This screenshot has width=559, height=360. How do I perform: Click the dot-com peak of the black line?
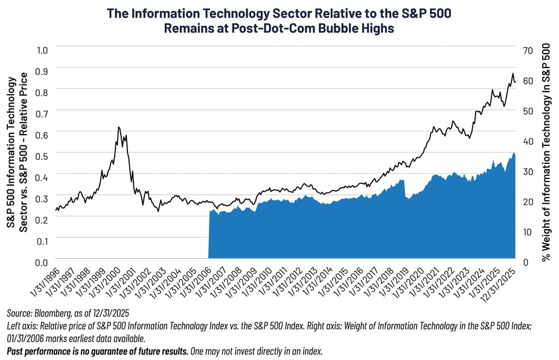click(x=118, y=127)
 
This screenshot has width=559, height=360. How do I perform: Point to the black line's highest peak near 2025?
click(x=513, y=74)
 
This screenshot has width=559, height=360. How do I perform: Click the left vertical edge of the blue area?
click(x=209, y=235)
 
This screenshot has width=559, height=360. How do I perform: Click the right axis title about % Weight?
click(x=546, y=154)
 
